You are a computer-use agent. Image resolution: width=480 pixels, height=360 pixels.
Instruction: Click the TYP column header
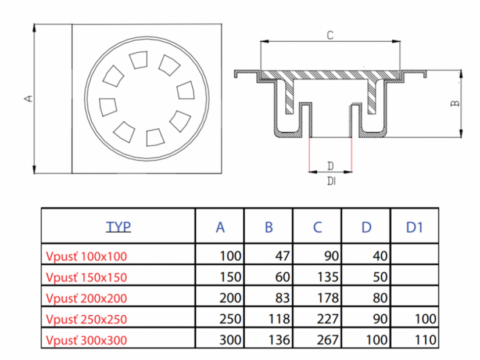pos(118,226)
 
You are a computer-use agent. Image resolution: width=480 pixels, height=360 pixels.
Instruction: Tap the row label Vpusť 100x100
pos(86,255)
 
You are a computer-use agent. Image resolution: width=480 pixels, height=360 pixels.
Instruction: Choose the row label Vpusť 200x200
pos(86,298)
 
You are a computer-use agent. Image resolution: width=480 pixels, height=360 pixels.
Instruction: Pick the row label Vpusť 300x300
pos(86,340)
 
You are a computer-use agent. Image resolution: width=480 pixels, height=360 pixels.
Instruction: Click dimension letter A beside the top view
pos(27,99)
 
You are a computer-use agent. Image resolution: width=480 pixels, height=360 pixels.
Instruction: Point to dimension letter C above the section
pos(329,35)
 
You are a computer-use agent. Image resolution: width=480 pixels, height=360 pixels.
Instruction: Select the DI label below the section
pos(331,181)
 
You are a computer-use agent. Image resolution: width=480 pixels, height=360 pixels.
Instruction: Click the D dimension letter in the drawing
pos(330,165)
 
